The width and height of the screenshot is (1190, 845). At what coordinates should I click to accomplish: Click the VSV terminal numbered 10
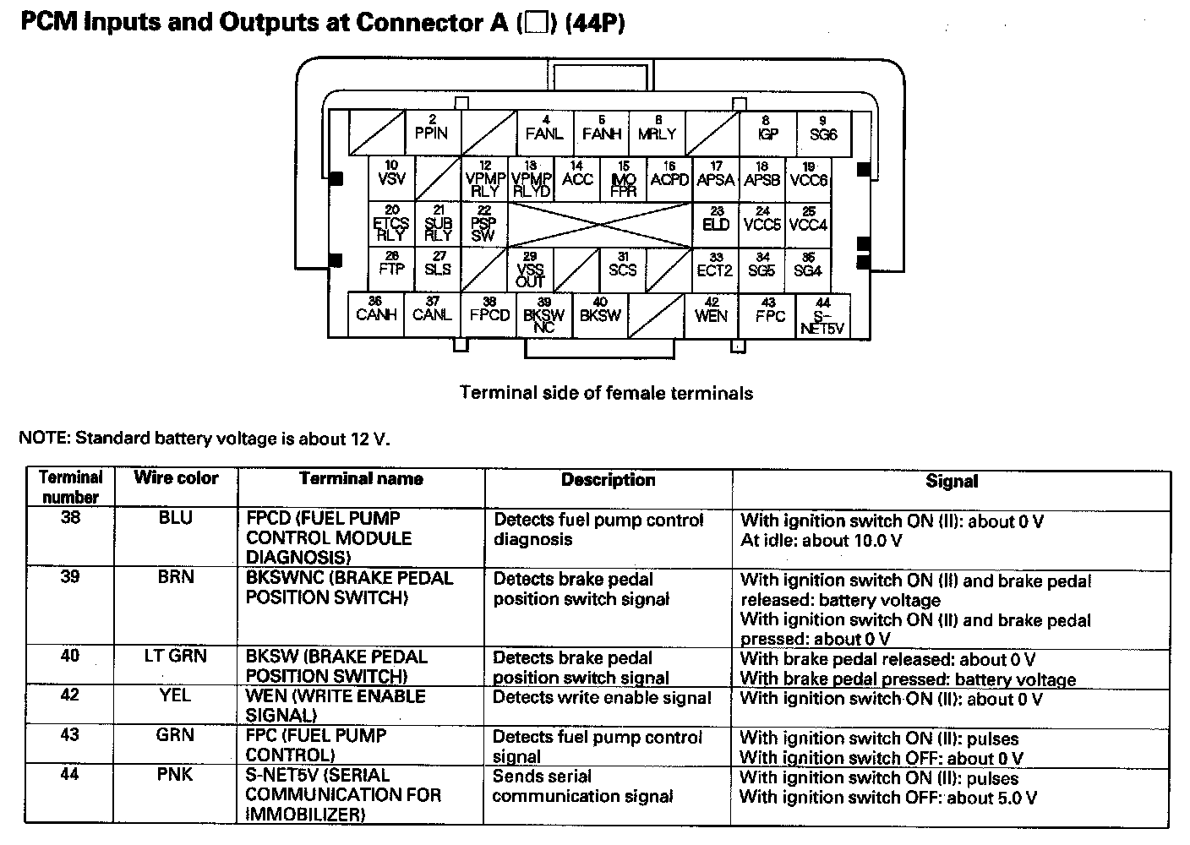[x=391, y=178]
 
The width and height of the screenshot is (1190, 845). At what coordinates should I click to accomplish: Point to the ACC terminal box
[x=577, y=178]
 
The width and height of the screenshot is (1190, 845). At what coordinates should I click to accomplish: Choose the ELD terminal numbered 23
[x=716, y=224]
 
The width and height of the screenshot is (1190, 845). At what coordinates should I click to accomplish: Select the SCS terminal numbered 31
[x=623, y=270]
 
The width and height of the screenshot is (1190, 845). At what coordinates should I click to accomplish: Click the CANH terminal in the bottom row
[x=376, y=314]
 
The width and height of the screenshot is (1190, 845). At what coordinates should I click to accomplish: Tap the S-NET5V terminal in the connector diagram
[x=822, y=317]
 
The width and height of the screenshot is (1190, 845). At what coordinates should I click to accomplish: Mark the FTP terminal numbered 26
[x=391, y=270]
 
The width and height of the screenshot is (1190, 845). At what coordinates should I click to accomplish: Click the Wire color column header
[x=176, y=478]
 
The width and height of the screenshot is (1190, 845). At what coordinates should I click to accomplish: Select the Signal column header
[x=951, y=481]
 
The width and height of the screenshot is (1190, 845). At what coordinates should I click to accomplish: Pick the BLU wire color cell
[x=176, y=518]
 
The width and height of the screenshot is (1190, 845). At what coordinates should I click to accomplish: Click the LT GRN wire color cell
[x=176, y=656]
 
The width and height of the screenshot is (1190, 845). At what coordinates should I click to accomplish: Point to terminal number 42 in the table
[x=70, y=695]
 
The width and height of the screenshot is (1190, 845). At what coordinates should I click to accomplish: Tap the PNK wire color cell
[x=176, y=774]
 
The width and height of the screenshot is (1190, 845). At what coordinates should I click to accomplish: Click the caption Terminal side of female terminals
[x=606, y=393]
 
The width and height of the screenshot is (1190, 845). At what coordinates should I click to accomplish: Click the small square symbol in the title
[x=534, y=23]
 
